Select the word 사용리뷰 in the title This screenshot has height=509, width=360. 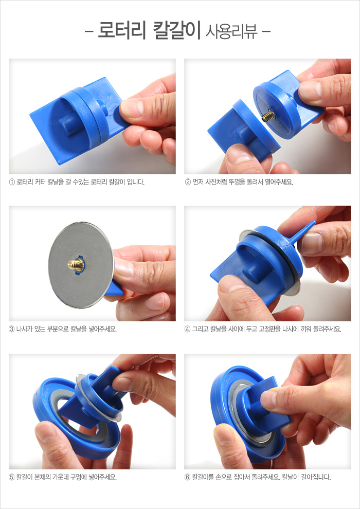tap(231, 32)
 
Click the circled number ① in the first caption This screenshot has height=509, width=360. tap(12, 182)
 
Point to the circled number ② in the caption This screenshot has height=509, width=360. tap(187, 182)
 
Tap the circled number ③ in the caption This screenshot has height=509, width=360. tap(12, 330)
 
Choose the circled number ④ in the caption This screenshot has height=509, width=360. tap(187, 330)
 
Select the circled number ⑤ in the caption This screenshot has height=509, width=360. tap(12, 477)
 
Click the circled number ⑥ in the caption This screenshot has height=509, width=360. tap(187, 477)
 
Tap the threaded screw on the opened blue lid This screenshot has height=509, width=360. tap(268, 116)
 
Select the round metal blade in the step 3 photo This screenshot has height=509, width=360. tap(81, 265)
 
